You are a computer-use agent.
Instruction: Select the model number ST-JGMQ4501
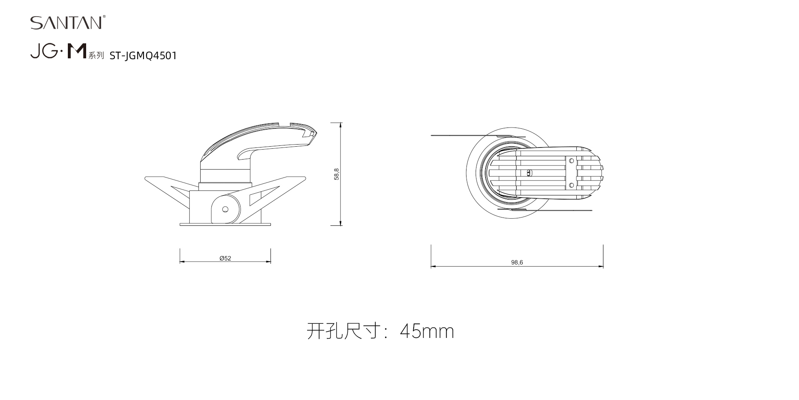click(143, 56)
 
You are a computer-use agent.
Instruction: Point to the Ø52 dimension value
click(225, 258)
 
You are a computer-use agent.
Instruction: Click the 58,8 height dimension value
click(337, 174)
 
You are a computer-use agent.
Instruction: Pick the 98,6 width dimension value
click(517, 262)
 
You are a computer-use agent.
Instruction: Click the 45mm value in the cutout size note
click(427, 331)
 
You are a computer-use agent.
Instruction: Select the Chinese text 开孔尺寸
click(344, 331)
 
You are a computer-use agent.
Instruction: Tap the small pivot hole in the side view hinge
click(225, 209)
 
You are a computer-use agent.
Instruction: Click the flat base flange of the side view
click(225, 225)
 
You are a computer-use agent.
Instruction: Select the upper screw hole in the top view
click(571, 161)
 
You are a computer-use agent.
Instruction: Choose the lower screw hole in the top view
click(571, 185)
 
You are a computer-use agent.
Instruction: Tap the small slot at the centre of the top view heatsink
click(529, 173)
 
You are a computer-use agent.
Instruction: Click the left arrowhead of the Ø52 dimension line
click(182, 262)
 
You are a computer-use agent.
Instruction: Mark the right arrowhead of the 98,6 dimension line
click(601, 266)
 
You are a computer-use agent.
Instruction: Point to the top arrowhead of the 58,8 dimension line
click(341, 125)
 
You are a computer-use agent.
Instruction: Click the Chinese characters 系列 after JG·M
click(96, 56)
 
